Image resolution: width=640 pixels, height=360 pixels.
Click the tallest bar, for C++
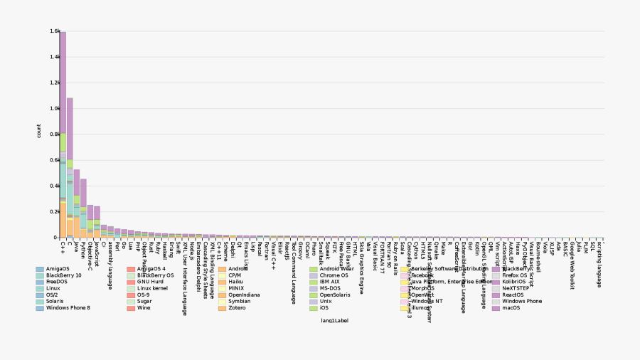point(63,135)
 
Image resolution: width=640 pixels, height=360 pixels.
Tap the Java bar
point(77,203)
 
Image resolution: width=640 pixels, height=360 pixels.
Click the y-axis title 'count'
point(39,131)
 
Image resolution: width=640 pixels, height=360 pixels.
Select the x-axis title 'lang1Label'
point(334,321)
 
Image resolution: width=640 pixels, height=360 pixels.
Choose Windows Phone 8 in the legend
point(68,307)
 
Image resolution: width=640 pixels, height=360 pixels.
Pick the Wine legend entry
point(144,307)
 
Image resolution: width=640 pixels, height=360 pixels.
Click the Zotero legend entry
point(238,307)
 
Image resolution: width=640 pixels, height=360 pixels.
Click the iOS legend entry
point(324,307)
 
